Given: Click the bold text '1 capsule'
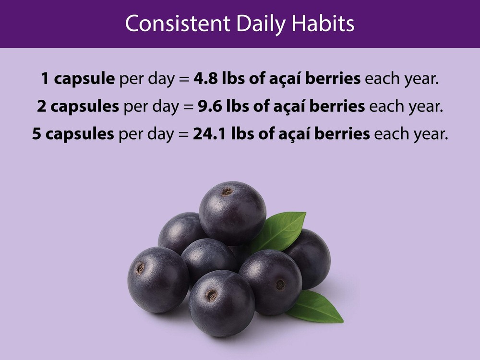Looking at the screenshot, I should pos(77,79).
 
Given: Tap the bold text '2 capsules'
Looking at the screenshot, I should pos(78,106).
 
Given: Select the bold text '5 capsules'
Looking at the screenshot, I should pos(73,133).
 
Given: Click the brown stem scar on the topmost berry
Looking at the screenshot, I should pos(227,192).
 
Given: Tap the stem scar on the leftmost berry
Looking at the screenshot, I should pos(140,269).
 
